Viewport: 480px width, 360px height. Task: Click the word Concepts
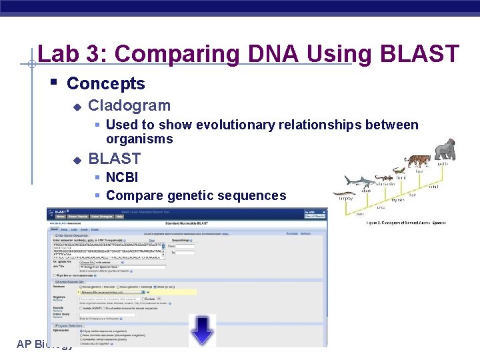pyautogui.click(x=106, y=83)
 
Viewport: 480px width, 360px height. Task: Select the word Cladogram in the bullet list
pyautogui.click(x=129, y=105)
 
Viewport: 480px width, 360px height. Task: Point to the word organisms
pyautogui.click(x=139, y=139)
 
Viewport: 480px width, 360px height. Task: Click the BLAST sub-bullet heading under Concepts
pyautogui.click(x=115, y=159)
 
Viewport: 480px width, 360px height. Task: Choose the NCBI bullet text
pyautogui.click(x=122, y=178)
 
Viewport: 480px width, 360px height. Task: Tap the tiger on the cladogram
pyautogui.click(x=417, y=161)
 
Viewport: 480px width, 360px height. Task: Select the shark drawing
pyautogui.click(x=360, y=181)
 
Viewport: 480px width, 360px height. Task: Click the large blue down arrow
pyautogui.click(x=202, y=330)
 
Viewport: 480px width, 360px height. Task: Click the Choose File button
pyautogui.click(x=87, y=263)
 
